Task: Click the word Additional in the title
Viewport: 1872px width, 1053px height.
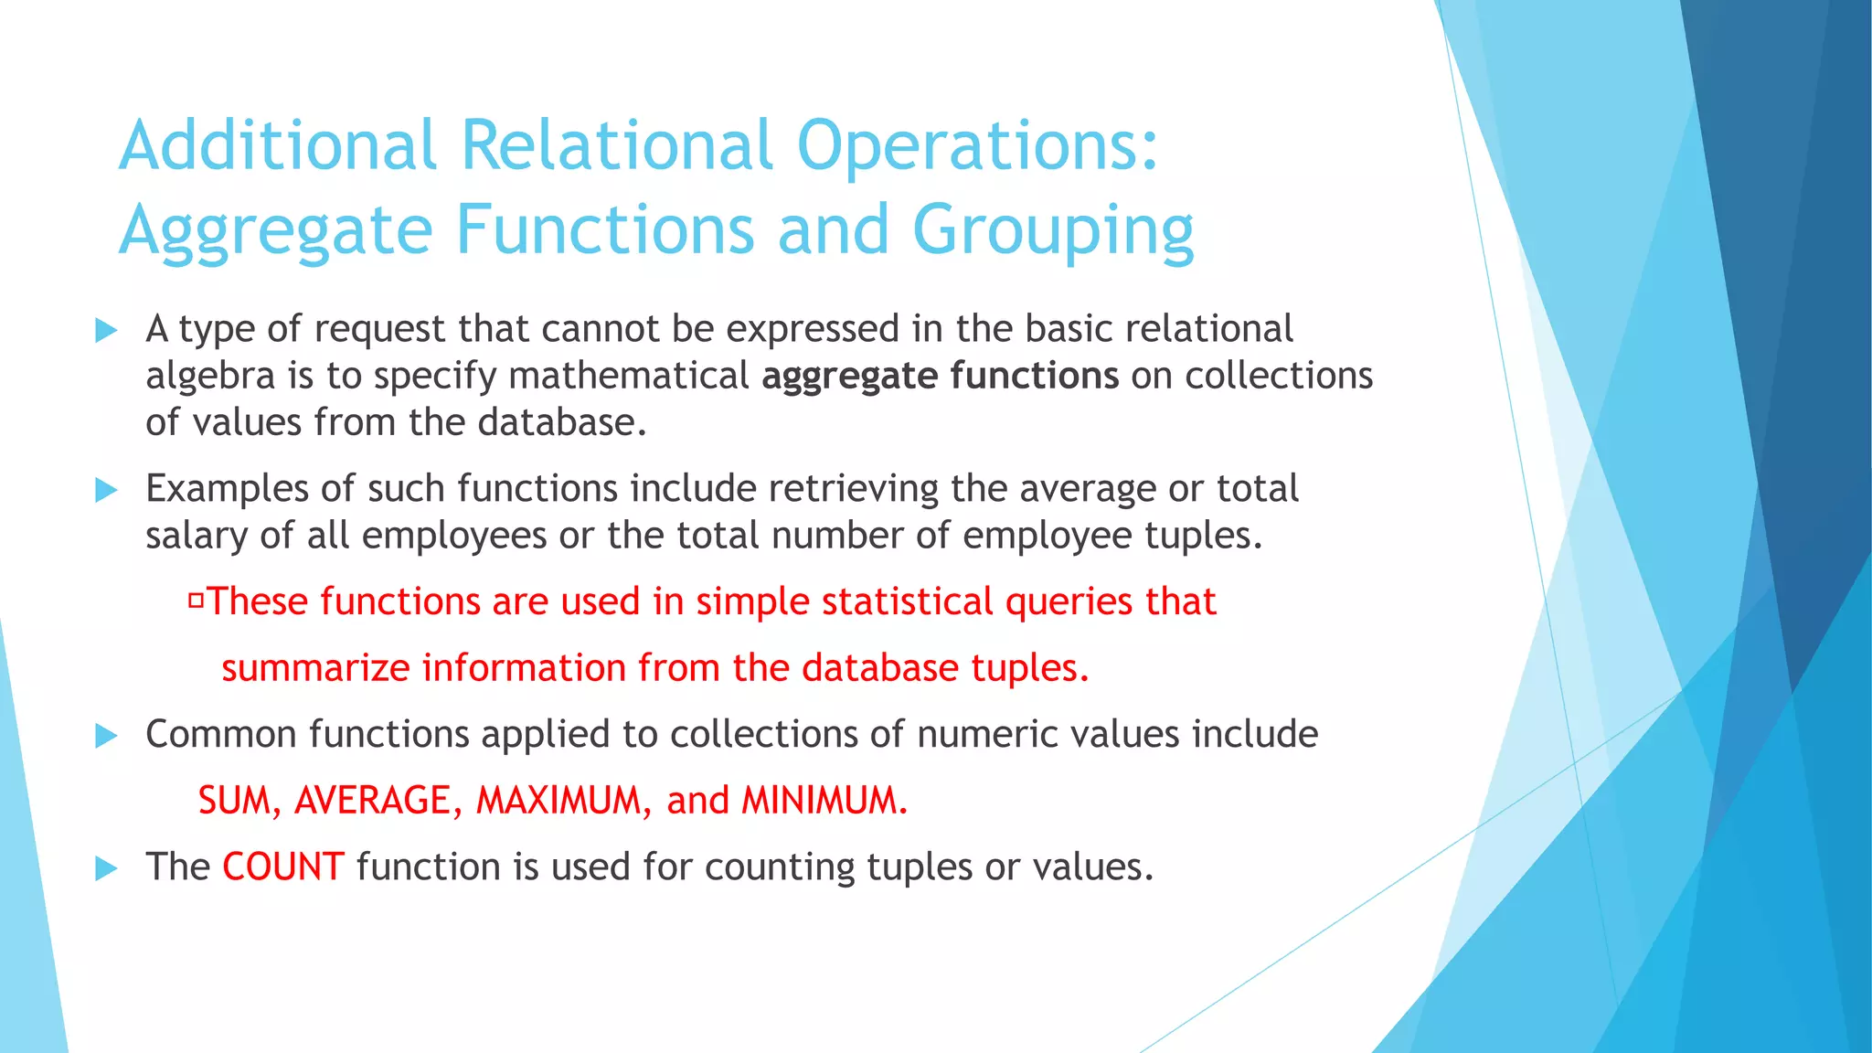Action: point(278,145)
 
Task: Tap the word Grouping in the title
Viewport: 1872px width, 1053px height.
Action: point(1053,230)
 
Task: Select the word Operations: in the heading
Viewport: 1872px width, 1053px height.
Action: point(977,145)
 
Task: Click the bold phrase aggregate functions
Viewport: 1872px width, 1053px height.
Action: point(940,376)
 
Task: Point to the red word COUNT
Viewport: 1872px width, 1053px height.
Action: point(282,867)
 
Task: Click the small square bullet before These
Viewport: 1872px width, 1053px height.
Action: point(196,601)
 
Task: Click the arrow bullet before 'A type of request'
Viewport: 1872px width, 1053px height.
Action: point(106,330)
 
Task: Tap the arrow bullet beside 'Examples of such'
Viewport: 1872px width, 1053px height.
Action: point(106,490)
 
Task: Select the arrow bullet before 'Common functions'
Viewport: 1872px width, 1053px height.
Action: point(106,735)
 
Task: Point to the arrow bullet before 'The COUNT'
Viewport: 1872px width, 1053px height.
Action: point(106,867)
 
